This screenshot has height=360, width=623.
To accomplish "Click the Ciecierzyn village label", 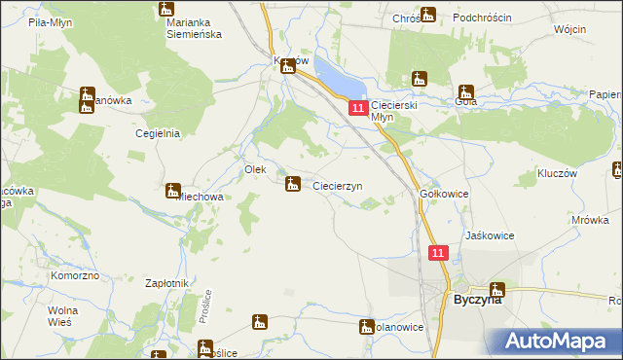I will pyautogui.click(x=338, y=186).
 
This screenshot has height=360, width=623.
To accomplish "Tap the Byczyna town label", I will pyautogui.click(x=478, y=301).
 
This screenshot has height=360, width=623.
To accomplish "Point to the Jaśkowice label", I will pyautogui.click(x=490, y=236).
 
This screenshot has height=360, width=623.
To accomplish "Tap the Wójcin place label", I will pyautogui.click(x=569, y=29).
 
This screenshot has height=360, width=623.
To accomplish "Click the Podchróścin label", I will pyautogui.click(x=485, y=17).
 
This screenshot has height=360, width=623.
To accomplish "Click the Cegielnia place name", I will pyautogui.click(x=159, y=134).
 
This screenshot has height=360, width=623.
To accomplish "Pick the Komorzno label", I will pyautogui.click(x=74, y=276).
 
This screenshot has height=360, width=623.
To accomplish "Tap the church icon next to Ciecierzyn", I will pyautogui.click(x=292, y=183).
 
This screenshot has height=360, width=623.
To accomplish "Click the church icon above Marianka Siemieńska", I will pyautogui.click(x=165, y=9).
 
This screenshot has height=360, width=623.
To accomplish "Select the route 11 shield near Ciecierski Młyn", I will pyautogui.click(x=358, y=107).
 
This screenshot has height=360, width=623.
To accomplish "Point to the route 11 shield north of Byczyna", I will pyautogui.click(x=438, y=253).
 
